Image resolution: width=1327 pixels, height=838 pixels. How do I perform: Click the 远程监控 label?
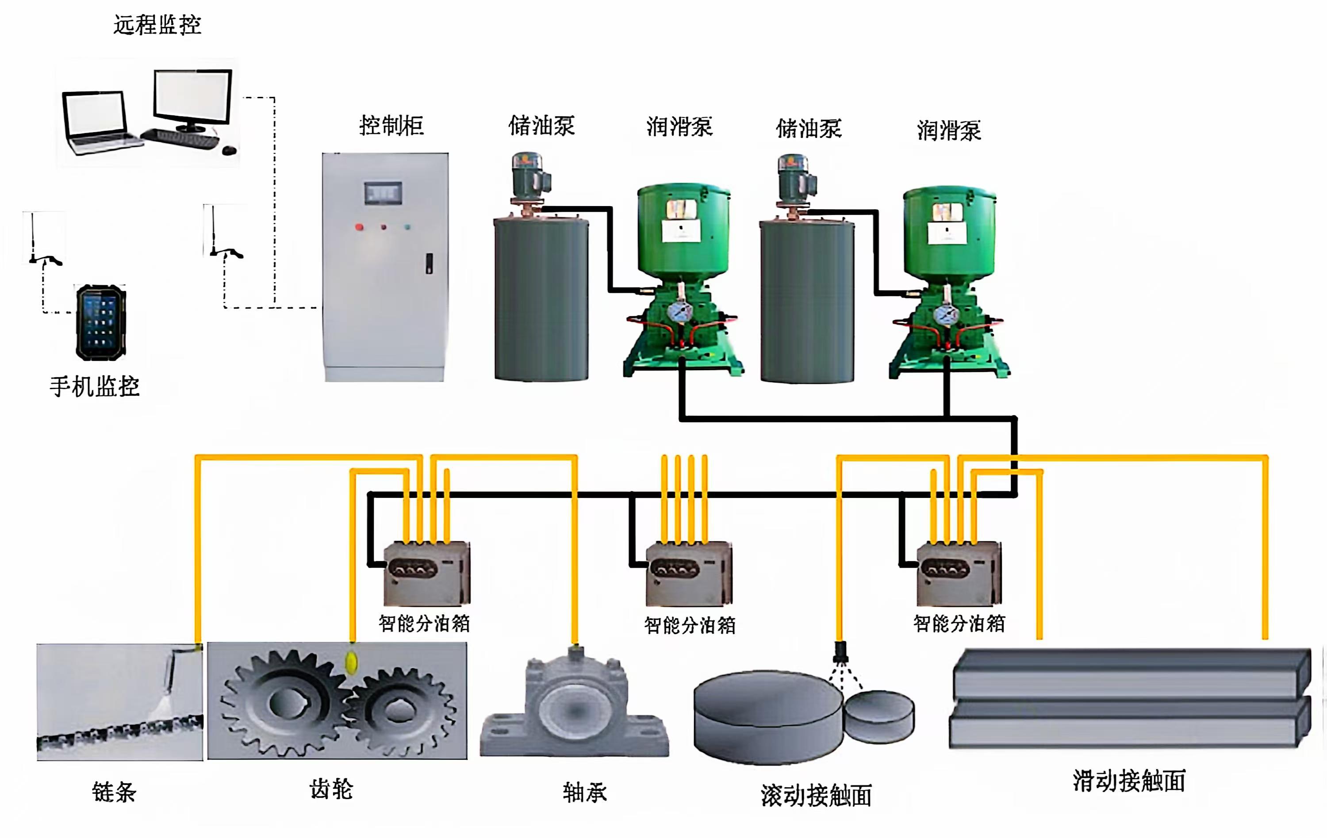pyautogui.click(x=157, y=25)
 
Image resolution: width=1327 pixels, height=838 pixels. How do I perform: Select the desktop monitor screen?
pyautogui.click(x=192, y=96)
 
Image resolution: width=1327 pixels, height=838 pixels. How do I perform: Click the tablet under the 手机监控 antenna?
pyautogui.click(x=101, y=323)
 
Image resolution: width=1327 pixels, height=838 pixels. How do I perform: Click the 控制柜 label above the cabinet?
pyautogui.click(x=391, y=126)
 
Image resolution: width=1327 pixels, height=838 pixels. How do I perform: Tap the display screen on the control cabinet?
pyautogui.click(x=383, y=193)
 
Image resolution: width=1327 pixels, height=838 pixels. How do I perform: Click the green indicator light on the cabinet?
pyautogui.click(x=407, y=226)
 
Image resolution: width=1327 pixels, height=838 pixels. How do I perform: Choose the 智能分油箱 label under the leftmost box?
pyautogui.click(x=424, y=624)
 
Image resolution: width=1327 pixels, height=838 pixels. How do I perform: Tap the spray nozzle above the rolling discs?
pyautogui.click(x=840, y=652)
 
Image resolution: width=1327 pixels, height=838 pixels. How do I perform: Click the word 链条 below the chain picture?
pyautogui.click(x=114, y=792)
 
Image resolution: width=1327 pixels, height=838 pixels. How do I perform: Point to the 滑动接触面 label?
pyautogui.click(x=1128, y=780)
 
